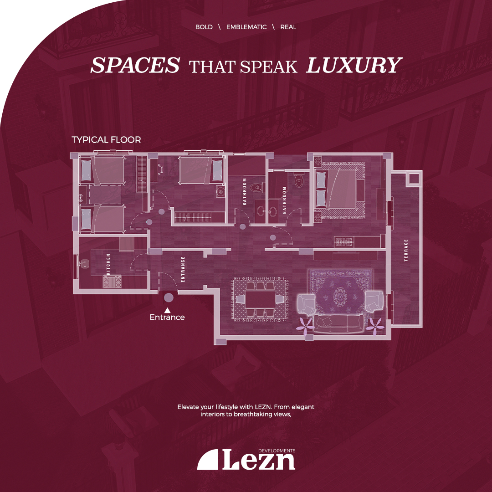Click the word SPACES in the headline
pyautogui.click(x=135, y=65)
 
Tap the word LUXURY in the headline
pyautogui.click(x=354, y=65)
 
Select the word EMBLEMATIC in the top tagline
pyautogui.click(x=246, y=27)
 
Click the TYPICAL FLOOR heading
pyautogui.click(x=106, y=140)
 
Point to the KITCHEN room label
pyautogui.click(x=108, y=264)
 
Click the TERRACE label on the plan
pyautogui.click(x=406, y=250)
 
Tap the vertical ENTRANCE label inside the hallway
pyautogui.click(x=183, y=269)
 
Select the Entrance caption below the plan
pyautogui.click(x=167, y=317)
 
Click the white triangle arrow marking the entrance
pyautogui.click(x=168, y=310)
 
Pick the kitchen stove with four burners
pyautogui.click(x=112, y=281)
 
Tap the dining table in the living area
pyautogui.click(x=261, y=299)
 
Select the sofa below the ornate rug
pyautogui.click(x=339, y=323)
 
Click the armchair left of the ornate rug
pyautogui.click(x=306, y=304)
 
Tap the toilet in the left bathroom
pyautogui.click(x=256, y=188)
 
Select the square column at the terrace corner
pyautogui.click(x=413, y=178)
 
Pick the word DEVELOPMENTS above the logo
pyautogui.click(x=277, y=451)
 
